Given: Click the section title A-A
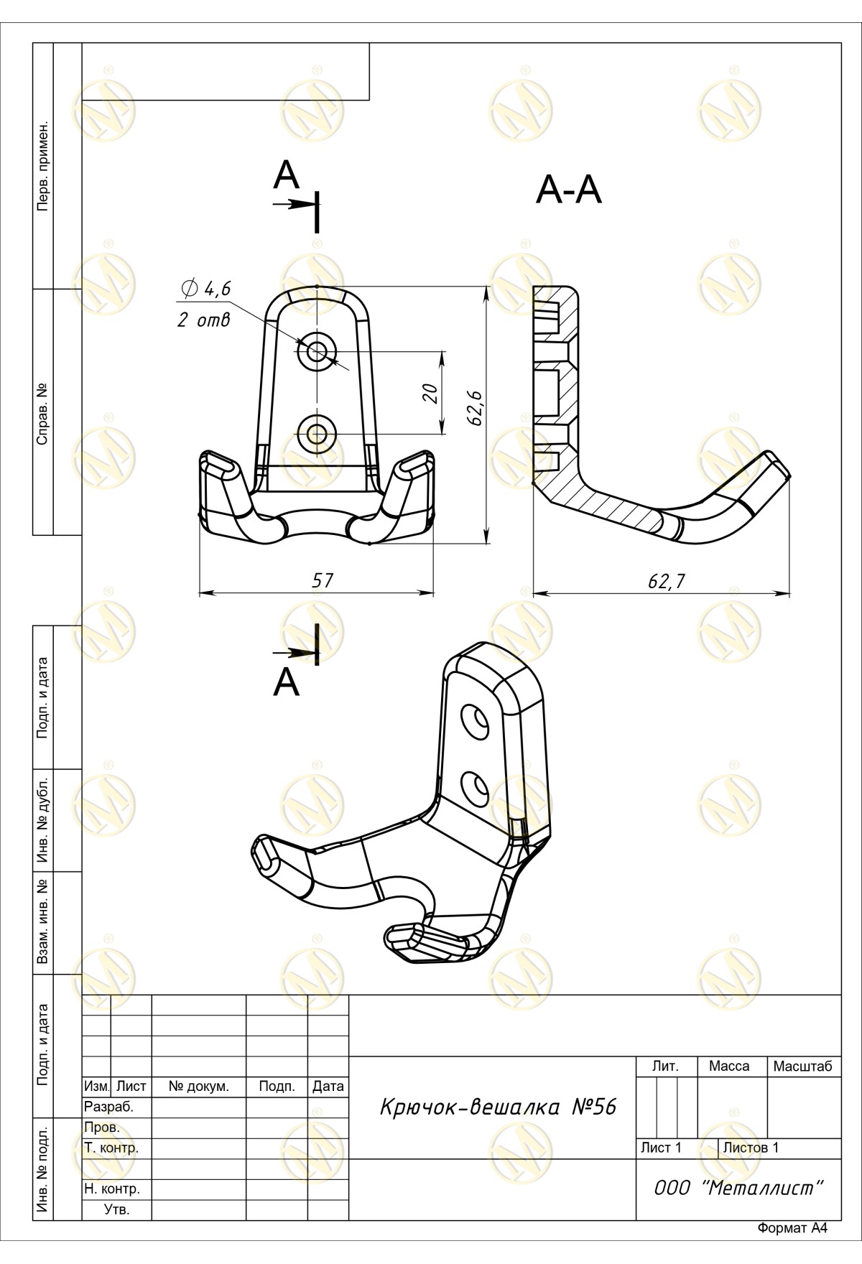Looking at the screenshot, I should point(568,191).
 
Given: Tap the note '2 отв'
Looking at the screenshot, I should point(204,320).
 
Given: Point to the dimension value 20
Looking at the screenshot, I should point(430,393).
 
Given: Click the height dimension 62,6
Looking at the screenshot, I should point(475,408).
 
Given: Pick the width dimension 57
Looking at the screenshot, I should point(323,580).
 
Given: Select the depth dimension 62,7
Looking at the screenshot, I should point(667,581).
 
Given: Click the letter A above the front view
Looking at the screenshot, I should point(286,175).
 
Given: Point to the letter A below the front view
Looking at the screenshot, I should point(286,682).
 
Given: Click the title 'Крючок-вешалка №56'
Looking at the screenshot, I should point(497,1107).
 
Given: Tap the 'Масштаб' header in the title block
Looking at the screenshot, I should point(802,1066).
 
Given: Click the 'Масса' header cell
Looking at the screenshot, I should point(728,1066).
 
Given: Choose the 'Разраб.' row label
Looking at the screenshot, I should point(108,1107).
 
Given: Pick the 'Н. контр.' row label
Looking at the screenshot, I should point(112,1189).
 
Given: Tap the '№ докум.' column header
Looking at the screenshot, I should point(198,1087).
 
